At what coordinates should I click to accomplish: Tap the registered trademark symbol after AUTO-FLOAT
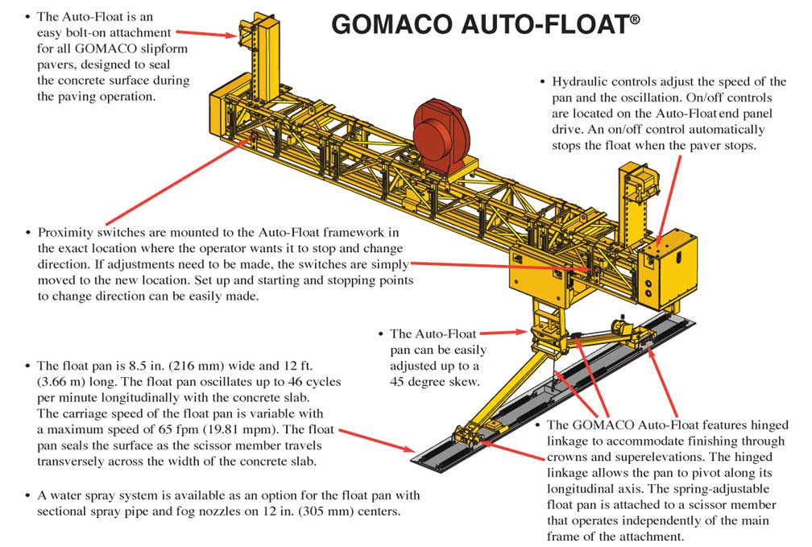(635, 19)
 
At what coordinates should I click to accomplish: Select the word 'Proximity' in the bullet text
(65, 233)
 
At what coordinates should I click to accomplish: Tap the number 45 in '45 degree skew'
(397, 382)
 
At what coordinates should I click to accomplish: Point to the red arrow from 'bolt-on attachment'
(206, 34)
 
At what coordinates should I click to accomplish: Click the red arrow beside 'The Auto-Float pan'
(503, 332)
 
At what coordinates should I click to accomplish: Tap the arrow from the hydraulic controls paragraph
(669, 200)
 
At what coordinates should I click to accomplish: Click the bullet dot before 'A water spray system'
(28, 495)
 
